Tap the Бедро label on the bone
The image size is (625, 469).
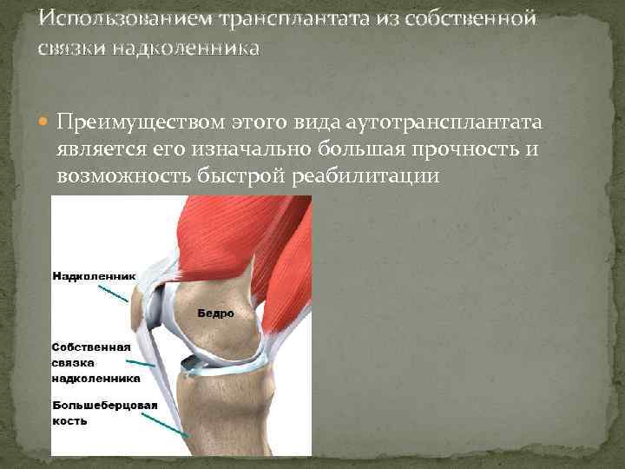[x=216, y=312]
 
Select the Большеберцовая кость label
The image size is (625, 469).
[x=105, y=413]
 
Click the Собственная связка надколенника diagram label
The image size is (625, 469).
[x=96, y=362]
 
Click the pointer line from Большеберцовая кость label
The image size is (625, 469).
[x=165, y=425]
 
